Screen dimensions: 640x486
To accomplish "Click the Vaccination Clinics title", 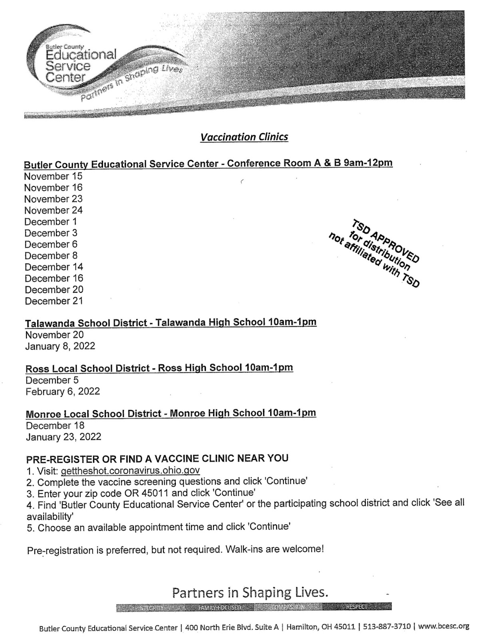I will coord(244,137).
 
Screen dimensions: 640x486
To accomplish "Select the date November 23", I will coord(53,199).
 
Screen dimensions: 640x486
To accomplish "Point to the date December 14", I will coord(54,267).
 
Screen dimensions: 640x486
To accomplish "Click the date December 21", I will coord(54,301).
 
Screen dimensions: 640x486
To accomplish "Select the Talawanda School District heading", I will coord(171,322).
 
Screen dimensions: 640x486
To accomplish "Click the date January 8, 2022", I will coord(60,346).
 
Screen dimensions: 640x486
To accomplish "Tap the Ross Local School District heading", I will coord(159,368).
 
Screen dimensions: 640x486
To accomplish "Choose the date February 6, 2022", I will coord(63,391).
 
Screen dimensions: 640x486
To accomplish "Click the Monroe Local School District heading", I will coord(171,413).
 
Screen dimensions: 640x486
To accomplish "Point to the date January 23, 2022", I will coord(64,437).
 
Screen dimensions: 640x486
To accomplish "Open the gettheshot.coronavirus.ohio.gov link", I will coord(130,470).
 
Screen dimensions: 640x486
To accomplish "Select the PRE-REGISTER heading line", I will coord(157,458).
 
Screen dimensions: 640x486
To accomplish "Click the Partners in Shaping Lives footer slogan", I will coord(250,592).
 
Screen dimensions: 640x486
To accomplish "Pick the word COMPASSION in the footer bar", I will coord(287,607).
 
